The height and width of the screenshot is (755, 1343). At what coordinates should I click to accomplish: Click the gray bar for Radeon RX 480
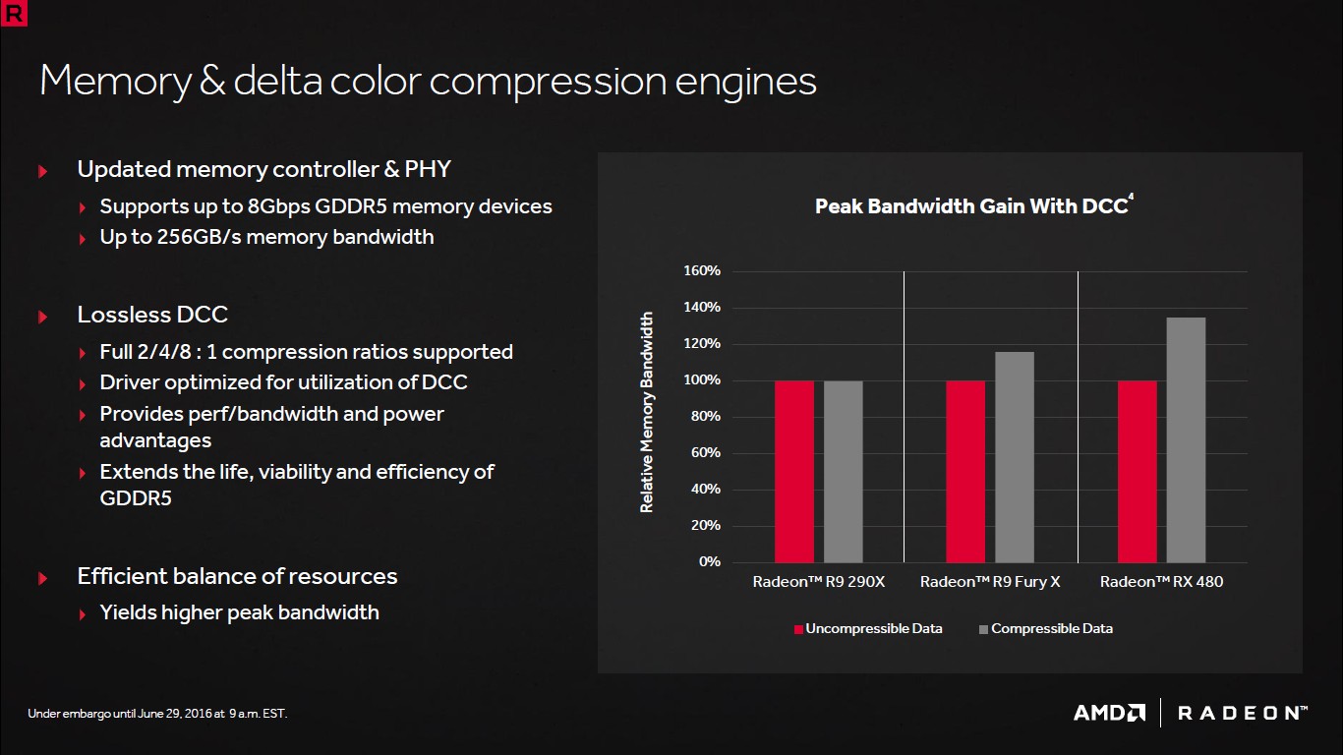click(x=1186, y=439)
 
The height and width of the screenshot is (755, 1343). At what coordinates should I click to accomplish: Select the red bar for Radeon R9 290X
click(x=794, y=471)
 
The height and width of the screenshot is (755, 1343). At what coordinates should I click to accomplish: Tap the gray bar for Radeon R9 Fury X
click(x=1015, y=457)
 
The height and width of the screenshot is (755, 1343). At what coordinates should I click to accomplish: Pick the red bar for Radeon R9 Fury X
click(x=965, y=471)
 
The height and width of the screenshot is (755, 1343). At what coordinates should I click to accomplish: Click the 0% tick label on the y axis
click(x=710, y=561)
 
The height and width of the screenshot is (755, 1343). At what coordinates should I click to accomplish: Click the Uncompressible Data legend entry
click(x=868, y=628)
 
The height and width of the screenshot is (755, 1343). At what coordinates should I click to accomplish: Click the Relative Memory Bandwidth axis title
click(x=647, y=412)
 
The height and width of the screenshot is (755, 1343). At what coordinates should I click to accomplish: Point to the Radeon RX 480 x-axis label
click(x=1161, y=581)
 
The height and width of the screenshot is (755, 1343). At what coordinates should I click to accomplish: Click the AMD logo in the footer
click(x=1109, y=713)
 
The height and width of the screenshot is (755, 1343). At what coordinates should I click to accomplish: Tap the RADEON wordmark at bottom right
click(x=1242, y=713)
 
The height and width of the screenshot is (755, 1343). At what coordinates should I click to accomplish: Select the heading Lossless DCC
click(x=152, y=315)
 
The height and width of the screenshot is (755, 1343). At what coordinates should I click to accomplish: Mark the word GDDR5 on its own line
click(x=136, y=498)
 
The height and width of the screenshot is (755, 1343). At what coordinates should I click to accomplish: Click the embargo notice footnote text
click(x=157, y=713)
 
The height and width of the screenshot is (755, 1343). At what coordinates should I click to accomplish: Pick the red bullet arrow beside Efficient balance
click(x=43, y=578)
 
